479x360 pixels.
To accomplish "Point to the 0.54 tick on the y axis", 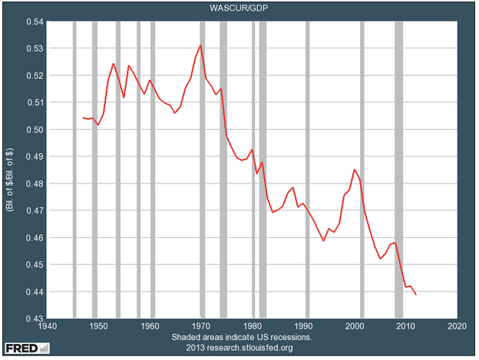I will point(35,21).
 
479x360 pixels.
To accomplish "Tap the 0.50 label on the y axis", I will point(35,130).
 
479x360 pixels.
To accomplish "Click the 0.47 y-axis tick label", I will point(35,210).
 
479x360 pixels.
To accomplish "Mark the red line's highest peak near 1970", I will point(201,45).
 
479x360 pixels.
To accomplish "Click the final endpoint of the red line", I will point(416,294).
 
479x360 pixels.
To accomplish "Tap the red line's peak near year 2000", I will point(355,170).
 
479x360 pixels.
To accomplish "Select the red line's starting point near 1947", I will point(83,117).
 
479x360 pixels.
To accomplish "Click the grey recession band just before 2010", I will point(399,170).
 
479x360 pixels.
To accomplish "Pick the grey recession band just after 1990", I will point(308,170).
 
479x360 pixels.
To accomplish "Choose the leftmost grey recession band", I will point(74,170).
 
